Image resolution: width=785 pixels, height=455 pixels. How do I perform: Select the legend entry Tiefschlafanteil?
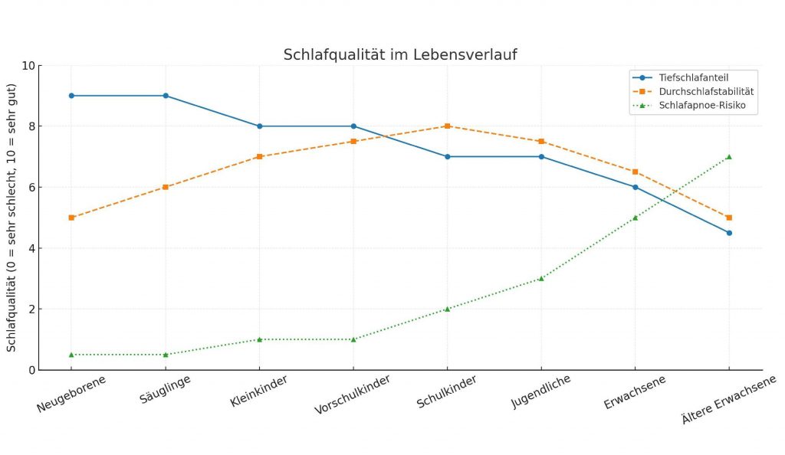click(692, 77)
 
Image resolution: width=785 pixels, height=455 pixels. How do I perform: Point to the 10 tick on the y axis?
click(28, 65)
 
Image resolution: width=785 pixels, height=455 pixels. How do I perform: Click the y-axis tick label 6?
click(31, 187)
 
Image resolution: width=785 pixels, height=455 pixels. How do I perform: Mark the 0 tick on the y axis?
click(31, 370)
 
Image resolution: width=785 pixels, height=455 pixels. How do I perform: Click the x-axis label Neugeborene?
click(71, 394)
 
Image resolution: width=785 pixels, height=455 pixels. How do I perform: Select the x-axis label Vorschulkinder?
click(353, 395)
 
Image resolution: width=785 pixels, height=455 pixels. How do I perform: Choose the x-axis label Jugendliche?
click(541, 393)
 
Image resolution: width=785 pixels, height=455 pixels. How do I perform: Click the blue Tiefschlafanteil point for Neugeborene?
click(71, 96)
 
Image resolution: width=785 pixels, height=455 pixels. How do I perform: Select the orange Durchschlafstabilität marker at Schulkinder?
click(447, 126)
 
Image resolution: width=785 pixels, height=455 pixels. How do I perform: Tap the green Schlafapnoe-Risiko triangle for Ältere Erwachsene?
click(729, 156)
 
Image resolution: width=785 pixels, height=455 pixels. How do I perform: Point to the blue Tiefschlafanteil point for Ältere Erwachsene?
click(729, 233)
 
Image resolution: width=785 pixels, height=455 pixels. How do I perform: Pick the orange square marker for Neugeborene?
click(71, 218)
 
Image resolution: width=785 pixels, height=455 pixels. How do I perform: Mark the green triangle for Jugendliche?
click(541, 278)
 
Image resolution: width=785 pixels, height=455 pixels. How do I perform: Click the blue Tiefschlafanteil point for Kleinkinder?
click(259, 126)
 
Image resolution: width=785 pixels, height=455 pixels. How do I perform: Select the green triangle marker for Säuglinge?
click(166, 355)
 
